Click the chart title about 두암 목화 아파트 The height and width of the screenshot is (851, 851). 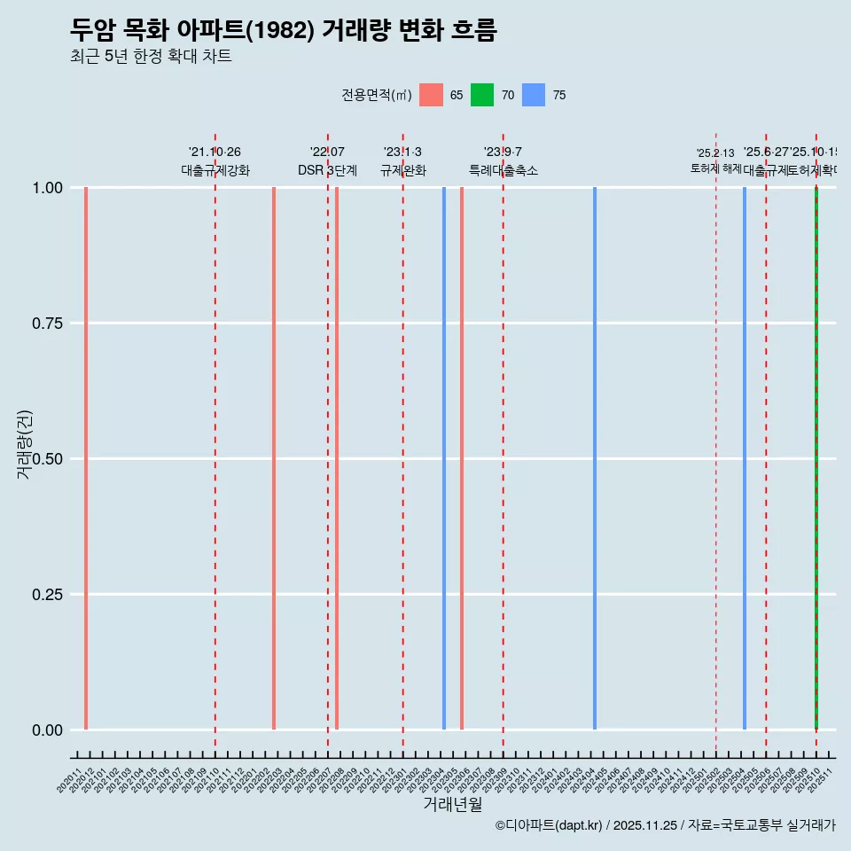tap(283, 31)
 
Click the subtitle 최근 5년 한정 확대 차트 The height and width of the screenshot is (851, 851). tap(151, 58)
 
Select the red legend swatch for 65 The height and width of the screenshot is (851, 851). tap(431, 95)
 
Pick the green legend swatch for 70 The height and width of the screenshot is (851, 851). tap(482, 95)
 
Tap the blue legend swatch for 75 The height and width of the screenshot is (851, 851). tap(534, 95)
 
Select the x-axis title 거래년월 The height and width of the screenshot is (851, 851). tap(452, 804)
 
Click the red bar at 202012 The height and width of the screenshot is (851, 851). tap(86, 458)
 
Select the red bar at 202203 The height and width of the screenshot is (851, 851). tap(274, 458)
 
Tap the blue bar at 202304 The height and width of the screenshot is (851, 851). tap(444, 458)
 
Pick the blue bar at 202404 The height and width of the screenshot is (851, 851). tap(595, 458)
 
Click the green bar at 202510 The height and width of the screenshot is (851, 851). tap(816, 458)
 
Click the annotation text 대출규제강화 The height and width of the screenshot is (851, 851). tap(215, 170)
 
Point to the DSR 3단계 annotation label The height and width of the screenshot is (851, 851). tap(327, 170)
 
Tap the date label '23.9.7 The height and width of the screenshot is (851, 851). tap(503, 152)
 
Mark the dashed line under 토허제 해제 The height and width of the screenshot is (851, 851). tap(716, 443)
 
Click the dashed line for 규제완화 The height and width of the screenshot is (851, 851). tap(403, 443)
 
